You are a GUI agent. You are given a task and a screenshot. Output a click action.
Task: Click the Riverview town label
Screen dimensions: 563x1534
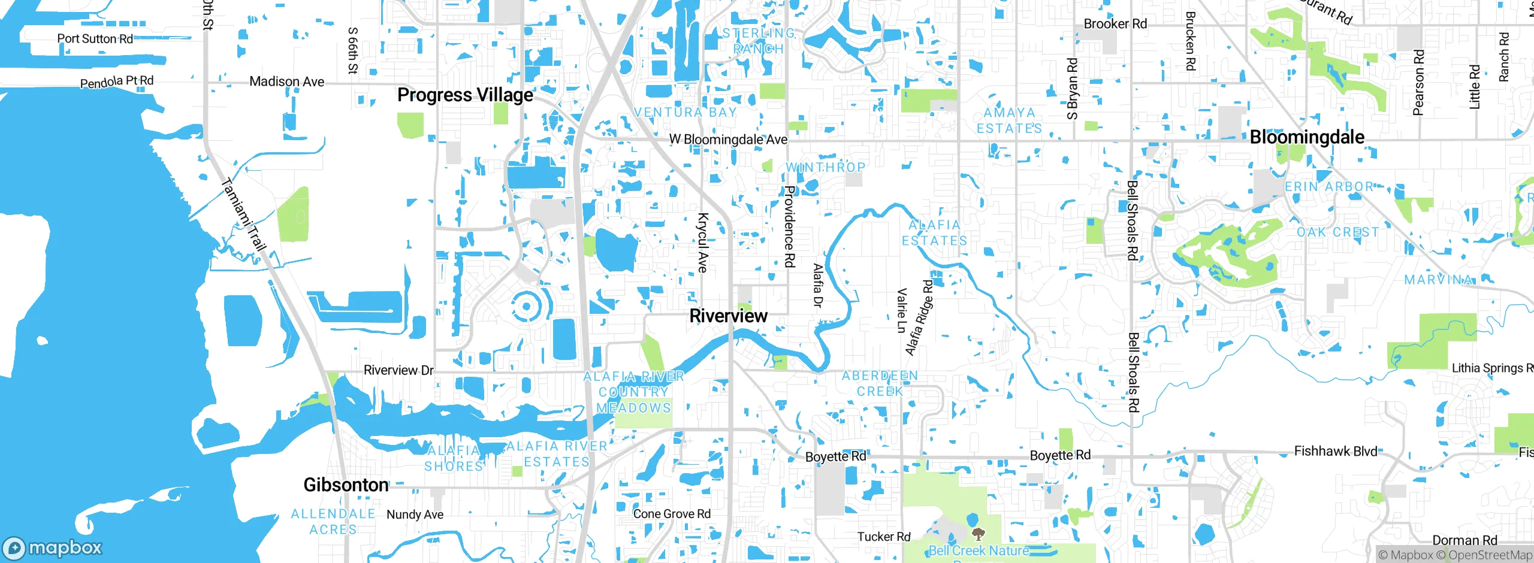[728, 316]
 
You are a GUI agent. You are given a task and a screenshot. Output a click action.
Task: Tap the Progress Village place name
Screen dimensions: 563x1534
[465, 95]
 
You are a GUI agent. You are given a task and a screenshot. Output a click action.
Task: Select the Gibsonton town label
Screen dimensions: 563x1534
[346, 485]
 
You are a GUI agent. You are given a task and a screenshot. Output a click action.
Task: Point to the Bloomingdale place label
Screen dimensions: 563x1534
[1307, 137]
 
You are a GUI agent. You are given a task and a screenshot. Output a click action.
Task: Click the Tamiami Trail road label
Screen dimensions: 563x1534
[243, 214]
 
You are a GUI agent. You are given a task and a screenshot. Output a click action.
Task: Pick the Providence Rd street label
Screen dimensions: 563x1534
[790, 226]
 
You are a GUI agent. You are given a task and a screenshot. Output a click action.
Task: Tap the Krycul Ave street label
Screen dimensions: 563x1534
[703, 243]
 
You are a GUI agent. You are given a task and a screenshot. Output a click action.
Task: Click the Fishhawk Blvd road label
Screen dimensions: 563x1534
[1335, 451]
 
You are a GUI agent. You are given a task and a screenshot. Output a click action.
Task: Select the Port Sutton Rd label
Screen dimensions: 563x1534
[95, 39]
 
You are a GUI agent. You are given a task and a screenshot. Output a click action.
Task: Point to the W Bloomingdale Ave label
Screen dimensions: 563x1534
[728, 140]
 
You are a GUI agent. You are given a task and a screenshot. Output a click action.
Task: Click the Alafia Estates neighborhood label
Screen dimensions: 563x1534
[934, 232]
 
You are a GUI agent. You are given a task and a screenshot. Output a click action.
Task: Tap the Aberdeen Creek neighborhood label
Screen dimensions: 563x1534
[880, 383]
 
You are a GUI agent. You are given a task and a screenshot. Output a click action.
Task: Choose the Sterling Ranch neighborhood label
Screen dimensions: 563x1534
[759, 41]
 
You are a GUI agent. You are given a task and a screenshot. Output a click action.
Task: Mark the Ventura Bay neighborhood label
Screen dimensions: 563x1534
[686, 113]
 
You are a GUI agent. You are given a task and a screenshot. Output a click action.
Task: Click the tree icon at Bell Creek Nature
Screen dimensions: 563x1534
[978, 533]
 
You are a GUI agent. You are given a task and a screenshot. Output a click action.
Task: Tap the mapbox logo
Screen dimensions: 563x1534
[53, 547]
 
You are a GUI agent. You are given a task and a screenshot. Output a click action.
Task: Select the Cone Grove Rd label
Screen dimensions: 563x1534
[672, 514]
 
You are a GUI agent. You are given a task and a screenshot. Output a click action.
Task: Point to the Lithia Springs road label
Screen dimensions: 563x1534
[1491, 368]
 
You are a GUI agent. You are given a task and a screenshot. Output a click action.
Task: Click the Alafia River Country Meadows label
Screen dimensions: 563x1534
[633, 392]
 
